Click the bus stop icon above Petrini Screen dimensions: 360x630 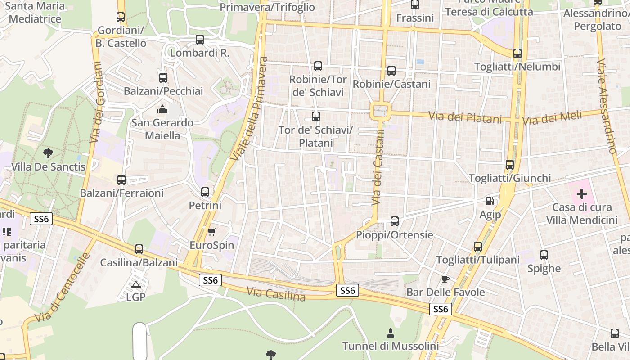tap(205, 192)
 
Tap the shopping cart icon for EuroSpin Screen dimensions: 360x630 tap(211, 232)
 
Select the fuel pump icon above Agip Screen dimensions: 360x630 tap(490, 201)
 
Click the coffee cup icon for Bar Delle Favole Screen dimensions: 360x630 tap(445, 279)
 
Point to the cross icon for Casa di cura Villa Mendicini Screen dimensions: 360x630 tap(582, 194)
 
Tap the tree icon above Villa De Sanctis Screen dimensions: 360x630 tap(48, 153)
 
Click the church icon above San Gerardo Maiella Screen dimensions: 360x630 tap(162, 109)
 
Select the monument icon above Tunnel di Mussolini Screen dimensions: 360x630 tap(391, 333)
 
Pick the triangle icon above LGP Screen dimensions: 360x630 tap(135, 284)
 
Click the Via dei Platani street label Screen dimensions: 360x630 tap(465, 118)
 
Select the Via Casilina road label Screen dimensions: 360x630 tap(276, 294)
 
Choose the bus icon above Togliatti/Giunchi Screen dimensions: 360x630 tap(510, 165)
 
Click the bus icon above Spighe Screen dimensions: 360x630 tap(544, 255)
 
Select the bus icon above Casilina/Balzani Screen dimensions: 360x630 tap(139, 249)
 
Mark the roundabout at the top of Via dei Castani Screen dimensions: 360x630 tap(380, 110)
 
